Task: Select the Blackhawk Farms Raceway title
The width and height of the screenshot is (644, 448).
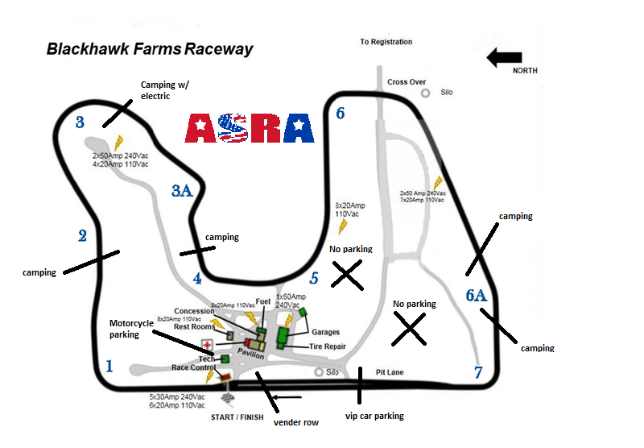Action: [150, 48]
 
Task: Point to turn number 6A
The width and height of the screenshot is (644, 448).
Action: [477, 295]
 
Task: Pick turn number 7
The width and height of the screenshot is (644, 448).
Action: [478, 372]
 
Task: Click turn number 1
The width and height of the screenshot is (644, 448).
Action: [109, 366]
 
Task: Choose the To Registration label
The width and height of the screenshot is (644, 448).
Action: [386, 42]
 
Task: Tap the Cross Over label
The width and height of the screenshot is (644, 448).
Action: [407, 82]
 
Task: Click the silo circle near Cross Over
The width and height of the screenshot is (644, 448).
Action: [425, 93]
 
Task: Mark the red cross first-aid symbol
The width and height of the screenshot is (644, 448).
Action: [207, 345]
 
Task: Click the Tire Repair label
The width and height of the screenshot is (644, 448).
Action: [327, 346]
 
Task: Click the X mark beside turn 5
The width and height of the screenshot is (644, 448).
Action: [347, 275]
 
